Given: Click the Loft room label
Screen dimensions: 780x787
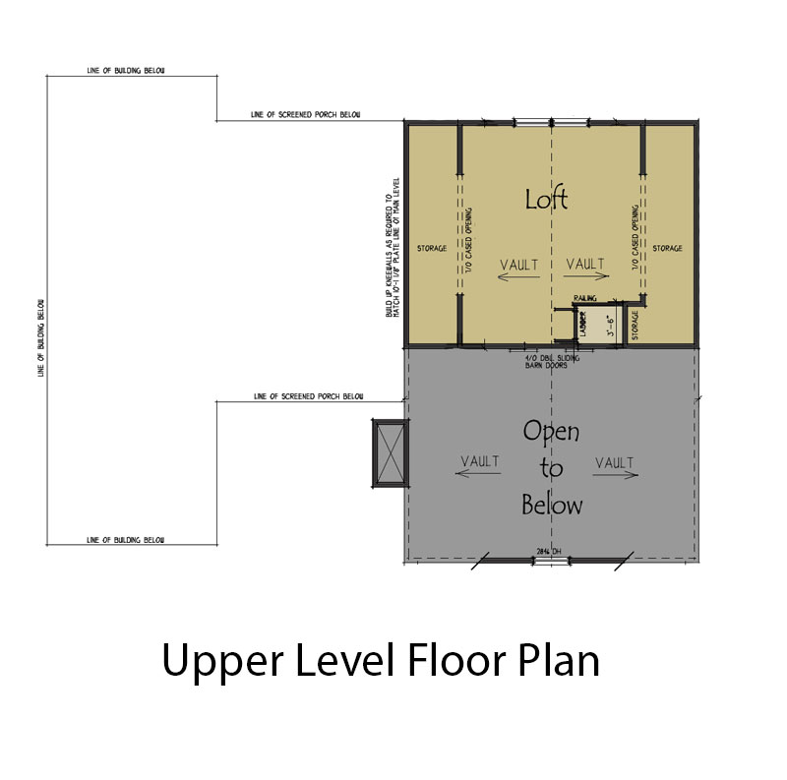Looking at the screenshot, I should point(546,199).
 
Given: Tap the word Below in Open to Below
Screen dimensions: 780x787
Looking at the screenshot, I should point(551,506).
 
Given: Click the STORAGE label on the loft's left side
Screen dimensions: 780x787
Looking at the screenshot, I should point(432,248).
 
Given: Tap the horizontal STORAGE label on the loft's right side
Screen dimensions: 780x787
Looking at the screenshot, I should point(667,248).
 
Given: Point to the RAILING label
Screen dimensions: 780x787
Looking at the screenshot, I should point(586,295).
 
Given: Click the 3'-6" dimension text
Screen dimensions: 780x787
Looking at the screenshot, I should point(610,326).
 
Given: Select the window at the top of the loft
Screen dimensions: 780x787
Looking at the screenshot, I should point(536,122).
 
